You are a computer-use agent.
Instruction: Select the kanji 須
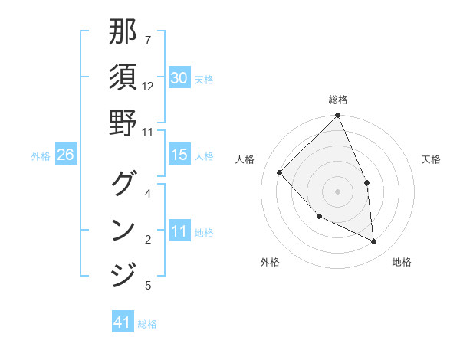pos(123,77)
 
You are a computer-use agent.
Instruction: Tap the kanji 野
pos(123,122)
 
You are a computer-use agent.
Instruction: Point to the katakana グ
pos(123,184)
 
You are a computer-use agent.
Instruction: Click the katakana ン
pos(123,229)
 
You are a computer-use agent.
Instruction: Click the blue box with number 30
pos(179,78)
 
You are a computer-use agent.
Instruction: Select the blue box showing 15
pos(179,155)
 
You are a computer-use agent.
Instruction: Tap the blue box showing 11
pos(179,231)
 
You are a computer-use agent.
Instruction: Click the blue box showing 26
pos(65,155)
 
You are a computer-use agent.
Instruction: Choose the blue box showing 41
pos(123,322)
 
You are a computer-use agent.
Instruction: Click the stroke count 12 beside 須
pos(148,87)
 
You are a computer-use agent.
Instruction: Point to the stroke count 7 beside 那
pos(148,40)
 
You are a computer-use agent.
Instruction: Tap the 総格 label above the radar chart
pos(337,100)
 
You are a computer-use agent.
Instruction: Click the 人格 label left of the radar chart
pos(245,159)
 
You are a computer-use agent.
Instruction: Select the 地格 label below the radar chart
pos(402,263)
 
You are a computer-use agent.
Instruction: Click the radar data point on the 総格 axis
pos(337,116)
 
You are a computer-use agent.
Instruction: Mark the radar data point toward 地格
pos(374,242)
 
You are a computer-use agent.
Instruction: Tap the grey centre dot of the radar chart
pos(337,191)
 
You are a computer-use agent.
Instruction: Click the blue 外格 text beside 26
pos(41,155)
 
